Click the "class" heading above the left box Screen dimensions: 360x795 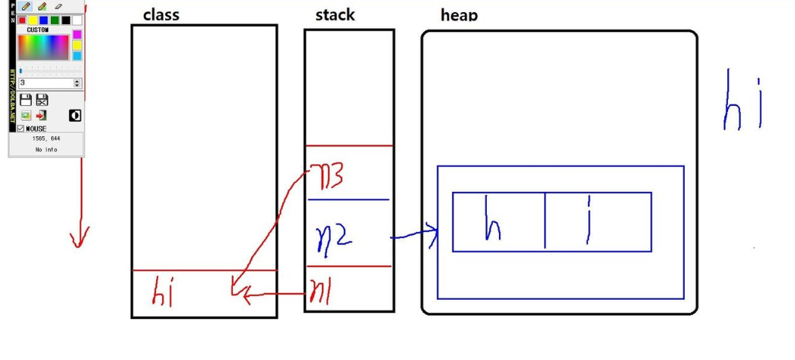click(161, 15)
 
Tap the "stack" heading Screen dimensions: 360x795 click(335, 15)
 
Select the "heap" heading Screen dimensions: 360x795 click(459, 15)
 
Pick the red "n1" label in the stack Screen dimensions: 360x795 click(320, 291)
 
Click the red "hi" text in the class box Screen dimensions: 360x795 click(164, 291)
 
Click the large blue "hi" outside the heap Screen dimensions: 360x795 click(742, 103)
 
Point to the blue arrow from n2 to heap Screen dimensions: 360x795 click(415, 235)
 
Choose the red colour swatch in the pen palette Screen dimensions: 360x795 click(23, 21)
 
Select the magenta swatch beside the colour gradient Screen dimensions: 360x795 click(77, 34)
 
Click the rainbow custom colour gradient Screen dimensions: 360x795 click(43, 47)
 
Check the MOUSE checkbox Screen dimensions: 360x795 click(21, 129)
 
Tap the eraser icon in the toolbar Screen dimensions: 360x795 click(59, 6)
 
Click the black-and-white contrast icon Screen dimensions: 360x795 click(75, 115)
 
